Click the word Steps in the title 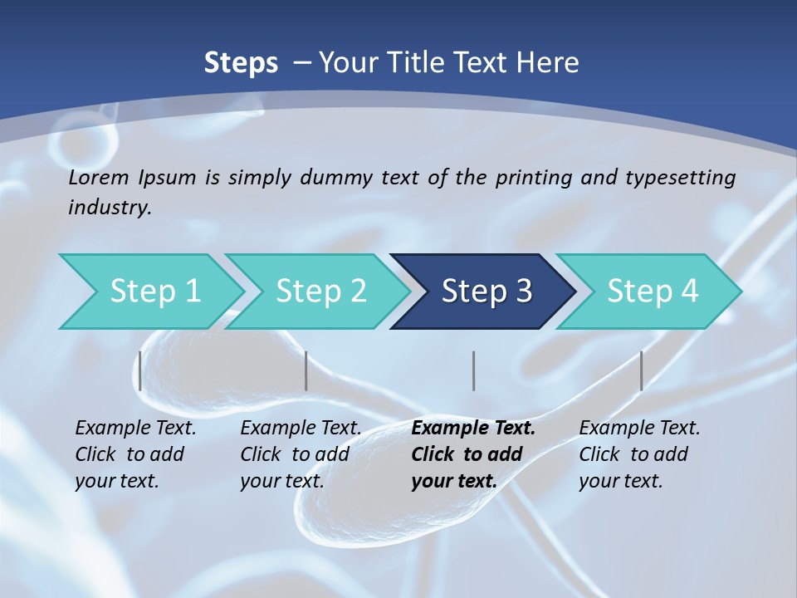click(241, 62)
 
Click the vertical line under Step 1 click(140, 370)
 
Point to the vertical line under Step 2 click(306, 370)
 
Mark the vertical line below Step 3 click(474, 370)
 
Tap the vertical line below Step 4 click(642, 370)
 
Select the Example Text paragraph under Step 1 click(135, 454)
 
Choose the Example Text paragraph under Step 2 click(301, 454)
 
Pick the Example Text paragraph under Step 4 click(639, 454)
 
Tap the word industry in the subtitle click(109, 208)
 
